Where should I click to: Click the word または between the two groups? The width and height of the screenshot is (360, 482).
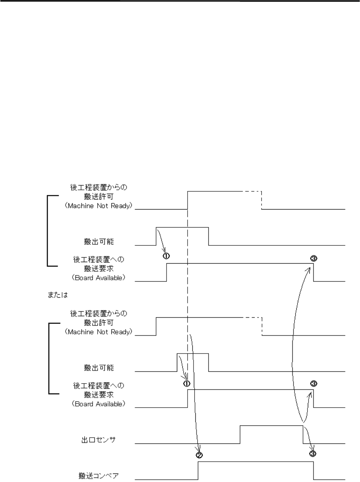pos(57,295)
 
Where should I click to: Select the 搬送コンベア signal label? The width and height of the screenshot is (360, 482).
pos(98,476)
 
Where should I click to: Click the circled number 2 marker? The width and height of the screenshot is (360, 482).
pos(199,455)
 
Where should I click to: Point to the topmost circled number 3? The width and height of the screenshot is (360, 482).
pos(313,259)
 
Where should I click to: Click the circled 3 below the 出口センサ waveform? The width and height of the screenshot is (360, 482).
pos(313,453)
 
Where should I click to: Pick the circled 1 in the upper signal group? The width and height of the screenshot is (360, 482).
pos(166,256)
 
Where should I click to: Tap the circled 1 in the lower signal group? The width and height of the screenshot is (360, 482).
pos(186,383)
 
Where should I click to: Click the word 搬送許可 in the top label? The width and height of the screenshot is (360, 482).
pos(98,197)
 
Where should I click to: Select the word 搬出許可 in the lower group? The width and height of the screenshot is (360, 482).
pos(98,323)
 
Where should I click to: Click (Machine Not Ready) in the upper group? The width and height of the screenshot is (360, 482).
pos(98,206)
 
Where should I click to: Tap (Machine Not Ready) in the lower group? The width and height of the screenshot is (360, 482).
pos(98,332)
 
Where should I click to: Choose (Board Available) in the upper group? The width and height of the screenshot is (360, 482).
pos(98,278)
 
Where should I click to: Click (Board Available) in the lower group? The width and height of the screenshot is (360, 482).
pos(98,404)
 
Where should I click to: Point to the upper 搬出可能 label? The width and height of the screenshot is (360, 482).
pos(98,242)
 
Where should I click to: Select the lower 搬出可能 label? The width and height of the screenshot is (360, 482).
pos(98,368)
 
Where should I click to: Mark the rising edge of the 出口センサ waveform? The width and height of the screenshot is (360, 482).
pos(240,434)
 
